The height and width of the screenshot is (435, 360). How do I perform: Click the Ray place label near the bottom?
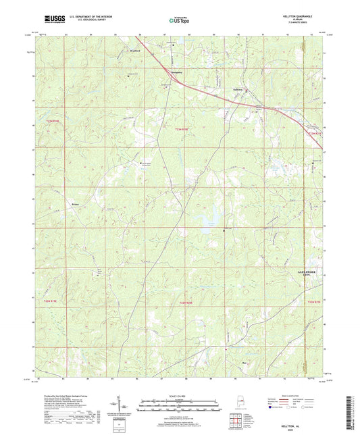[245, 361]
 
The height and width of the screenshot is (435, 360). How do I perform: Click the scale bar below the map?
[180, 405]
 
